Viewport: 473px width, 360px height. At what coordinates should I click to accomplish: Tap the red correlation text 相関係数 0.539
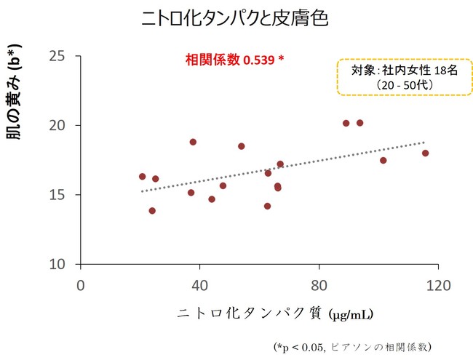point(232,60)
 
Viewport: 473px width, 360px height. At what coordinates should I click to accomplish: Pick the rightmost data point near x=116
point(425,153)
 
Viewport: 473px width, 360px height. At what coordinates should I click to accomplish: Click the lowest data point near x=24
point(152,211)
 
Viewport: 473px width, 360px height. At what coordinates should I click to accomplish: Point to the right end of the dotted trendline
point(424,143)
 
